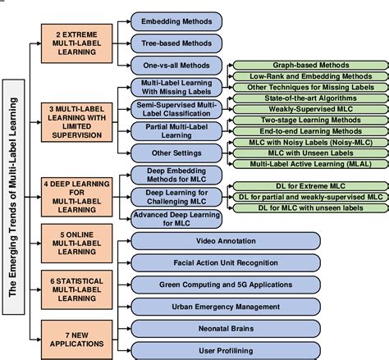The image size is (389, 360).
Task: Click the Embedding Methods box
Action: point(176,21)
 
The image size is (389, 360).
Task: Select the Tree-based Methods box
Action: point(176,43)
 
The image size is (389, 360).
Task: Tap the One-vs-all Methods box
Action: point(176,66)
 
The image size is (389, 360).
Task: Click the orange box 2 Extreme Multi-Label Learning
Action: point(76,43)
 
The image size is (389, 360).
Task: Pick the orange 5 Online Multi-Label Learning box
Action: point(76,244)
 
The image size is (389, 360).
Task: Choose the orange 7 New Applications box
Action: point(76,339)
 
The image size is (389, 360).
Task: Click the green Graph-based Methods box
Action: point(310,66)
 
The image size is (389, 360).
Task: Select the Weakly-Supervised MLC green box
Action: point(310,109)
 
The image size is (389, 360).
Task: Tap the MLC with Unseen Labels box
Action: point(310,153)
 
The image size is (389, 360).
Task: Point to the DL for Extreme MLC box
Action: point(310,186)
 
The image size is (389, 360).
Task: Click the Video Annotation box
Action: point(226,241)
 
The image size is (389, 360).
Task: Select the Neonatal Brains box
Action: point(226,329)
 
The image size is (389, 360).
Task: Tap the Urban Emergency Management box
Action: point(226,307)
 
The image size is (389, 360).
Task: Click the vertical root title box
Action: point(13,197)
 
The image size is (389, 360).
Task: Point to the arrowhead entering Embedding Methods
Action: point(129,21)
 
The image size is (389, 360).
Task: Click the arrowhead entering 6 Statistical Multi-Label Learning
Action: point(39,289)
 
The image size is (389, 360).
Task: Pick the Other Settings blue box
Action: point(176,153)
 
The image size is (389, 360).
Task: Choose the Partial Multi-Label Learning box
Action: point(176,131)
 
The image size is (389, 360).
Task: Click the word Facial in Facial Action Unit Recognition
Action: point(182,262)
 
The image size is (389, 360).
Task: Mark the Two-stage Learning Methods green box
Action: point(310,120)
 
